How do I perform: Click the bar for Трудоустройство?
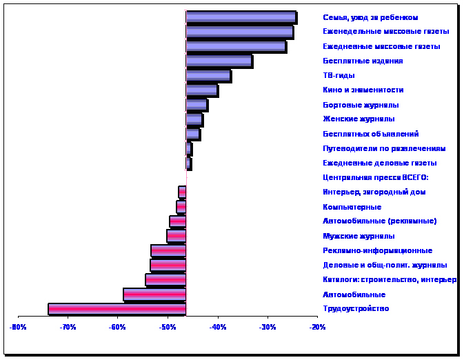pyautogui.click(x=117, y=309)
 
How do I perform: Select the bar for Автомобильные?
pyautogui.click(x=154, y=294)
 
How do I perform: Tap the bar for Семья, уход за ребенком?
pyautogui.click(x=241, y=17)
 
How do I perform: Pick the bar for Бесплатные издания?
pyautogui.click(x=219, y=61)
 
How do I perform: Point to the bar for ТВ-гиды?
pyautogui.click(x=208, y=76)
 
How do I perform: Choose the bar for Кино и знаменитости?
pyautogui.click(x=201, y=90)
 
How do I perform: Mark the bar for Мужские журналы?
pyautogui.click(x=176, y=236)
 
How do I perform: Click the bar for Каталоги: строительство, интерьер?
pyautogui.click(x=165, y=280)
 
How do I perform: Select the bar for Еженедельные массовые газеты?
pyautogui.click(x=239, y=32)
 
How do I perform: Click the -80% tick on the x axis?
pyautogui.click(x=17, y=327)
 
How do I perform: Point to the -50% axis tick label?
pyautogui.click(x=167, y=327)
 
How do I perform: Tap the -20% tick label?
pyautogui.click(x=317, y=327)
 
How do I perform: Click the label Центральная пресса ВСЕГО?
pyautogui.click(x=376, y=178)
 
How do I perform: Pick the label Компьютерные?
pyautogui.click(x=352, y=207)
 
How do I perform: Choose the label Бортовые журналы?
pyautogui.click(x=361, y=105)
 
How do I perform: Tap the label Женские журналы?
pyautogui.click(x=359, y=119)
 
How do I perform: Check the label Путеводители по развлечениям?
pyautogui.click(x=384, y=148)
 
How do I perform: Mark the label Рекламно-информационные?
pyautogui.click(x=377, y=251)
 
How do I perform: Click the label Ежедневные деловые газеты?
pyautogui.click(x=380, y=163)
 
